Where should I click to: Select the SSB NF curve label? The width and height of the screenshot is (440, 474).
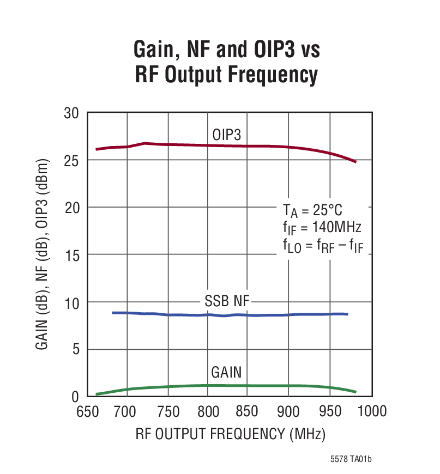point(226,301)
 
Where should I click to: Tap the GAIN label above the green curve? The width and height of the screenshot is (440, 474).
point(226,373)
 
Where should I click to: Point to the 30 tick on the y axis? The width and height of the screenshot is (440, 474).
point(71,113)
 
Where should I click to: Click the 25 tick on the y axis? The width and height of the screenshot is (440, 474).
point(71,161)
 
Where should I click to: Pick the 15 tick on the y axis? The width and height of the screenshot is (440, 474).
point(71,255)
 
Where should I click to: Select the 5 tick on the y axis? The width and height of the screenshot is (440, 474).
point(75,349)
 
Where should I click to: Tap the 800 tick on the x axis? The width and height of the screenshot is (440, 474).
point(207,411)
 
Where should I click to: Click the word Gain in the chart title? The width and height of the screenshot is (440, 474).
point(154,50)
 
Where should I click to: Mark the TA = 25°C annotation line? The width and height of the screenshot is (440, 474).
point(312,209)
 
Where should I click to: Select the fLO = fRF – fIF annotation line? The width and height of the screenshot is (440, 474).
point(323,246)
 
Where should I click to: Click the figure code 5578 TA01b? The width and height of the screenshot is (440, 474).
point(351,459)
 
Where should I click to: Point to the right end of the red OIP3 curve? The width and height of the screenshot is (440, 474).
point(355,162)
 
